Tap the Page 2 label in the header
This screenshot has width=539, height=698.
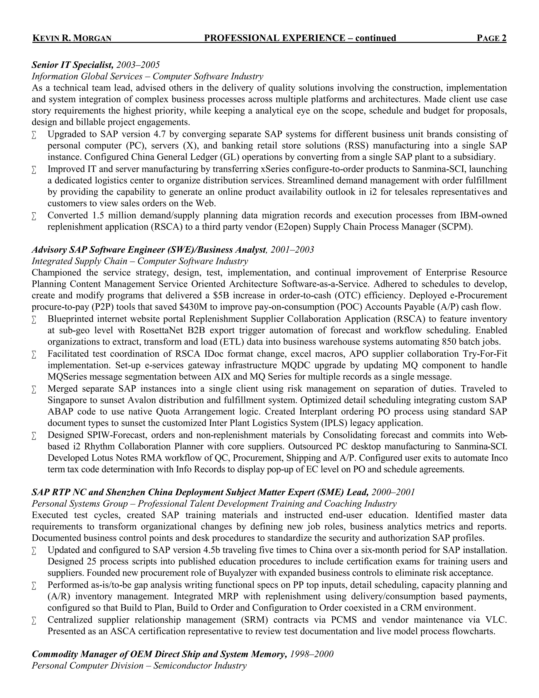(x=491, y=38)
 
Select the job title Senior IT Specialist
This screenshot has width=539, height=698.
(x=72, y=65)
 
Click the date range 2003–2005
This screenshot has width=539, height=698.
(x=138, y=65)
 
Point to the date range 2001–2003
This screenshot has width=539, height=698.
(x=292, y=250)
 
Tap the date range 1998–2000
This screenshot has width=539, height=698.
(x=311, y=654)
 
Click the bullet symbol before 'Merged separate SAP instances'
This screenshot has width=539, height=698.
(x=34, y=390)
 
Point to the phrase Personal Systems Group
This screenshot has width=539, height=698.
(x=79, y=504)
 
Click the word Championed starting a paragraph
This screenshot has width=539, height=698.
(x=57, y=273)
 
